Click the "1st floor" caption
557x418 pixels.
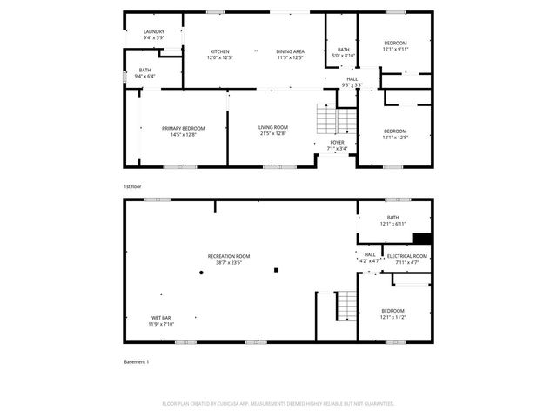(x=133, y=186)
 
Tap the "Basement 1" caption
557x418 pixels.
(x=136, y=361)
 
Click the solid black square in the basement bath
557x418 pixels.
(x=422, y=239)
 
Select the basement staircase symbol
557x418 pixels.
(x=346, y=305)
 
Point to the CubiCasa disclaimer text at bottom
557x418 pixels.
(x=278, y=404)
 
